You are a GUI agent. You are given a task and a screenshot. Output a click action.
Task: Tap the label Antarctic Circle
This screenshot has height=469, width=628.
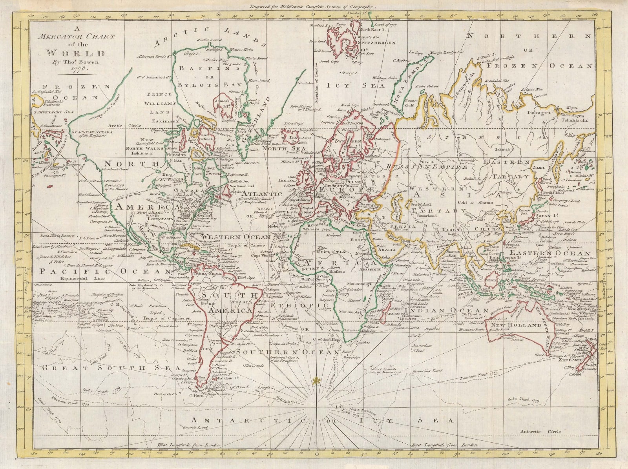(540, 431)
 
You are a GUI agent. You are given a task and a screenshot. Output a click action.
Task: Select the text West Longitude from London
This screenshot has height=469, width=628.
(190, 445)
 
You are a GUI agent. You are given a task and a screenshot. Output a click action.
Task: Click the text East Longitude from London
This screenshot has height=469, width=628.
(444, 445)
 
